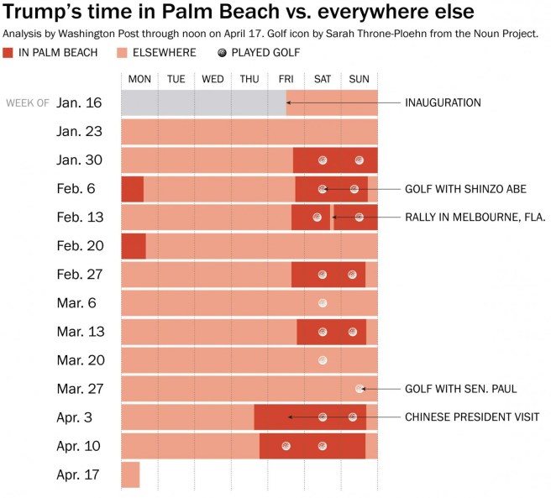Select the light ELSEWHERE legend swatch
tap(121, 53)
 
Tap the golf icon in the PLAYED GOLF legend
tap(222, 53)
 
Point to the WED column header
tap(213, 79)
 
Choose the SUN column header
tap(359, 79)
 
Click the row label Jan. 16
tap(80, 103)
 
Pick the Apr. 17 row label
tap(80, 474)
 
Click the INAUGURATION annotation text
tap(443, 103)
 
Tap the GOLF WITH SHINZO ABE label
tap(465, 189)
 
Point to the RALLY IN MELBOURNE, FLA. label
tap(475, 217)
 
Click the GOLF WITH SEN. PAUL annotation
tap(460, 389)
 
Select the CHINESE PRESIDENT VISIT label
tap(472, 417)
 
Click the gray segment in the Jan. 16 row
tap(203, 103)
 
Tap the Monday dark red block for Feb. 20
tap(134, 246)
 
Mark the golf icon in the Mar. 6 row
tap(322, 302)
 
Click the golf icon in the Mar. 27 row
tap(359, 388)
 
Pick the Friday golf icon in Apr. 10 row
tap(286, 446)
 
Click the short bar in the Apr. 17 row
tap(130, 474)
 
